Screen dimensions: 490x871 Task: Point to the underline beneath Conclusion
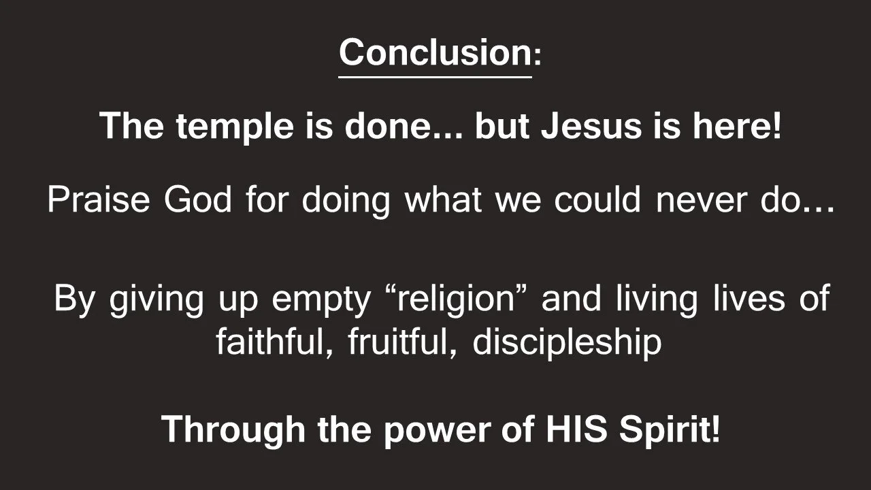435,76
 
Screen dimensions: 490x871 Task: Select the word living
655,299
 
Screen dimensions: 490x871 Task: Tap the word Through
233,429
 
